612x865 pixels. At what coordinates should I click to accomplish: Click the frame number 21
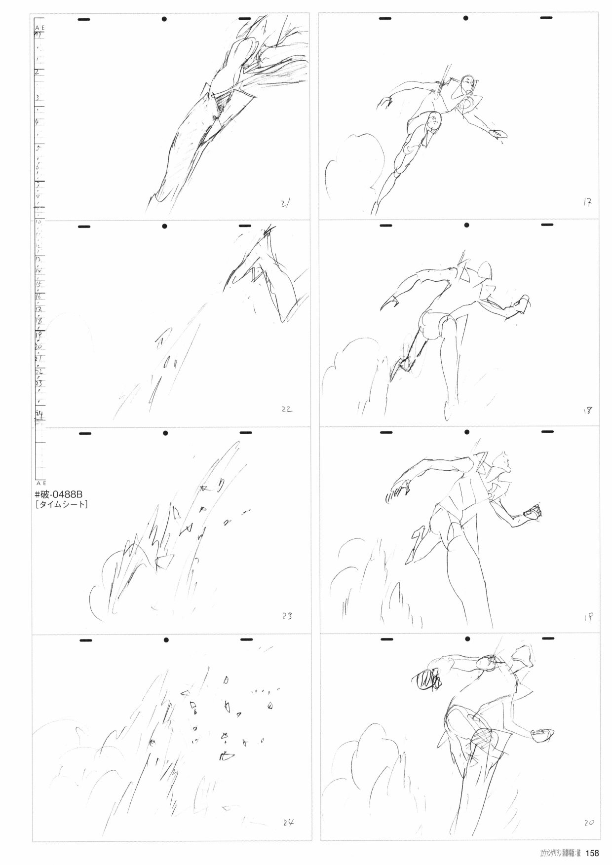click(x=285, y=202)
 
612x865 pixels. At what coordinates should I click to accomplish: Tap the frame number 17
click(x=587, y=202)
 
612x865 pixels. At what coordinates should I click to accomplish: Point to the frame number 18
click(x=587, y=410)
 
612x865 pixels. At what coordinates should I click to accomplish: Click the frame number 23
click(x=287, y=615)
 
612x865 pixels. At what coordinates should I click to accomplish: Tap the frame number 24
click(x=288, y=822)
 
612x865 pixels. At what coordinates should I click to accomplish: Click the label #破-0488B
click(x=61, y=495)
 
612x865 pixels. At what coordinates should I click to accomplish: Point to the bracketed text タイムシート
click(x=61, y=505)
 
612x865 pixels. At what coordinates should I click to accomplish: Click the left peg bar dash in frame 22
click(x=85, y=227)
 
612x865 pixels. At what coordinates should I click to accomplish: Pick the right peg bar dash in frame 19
click(x=547, y=432)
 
